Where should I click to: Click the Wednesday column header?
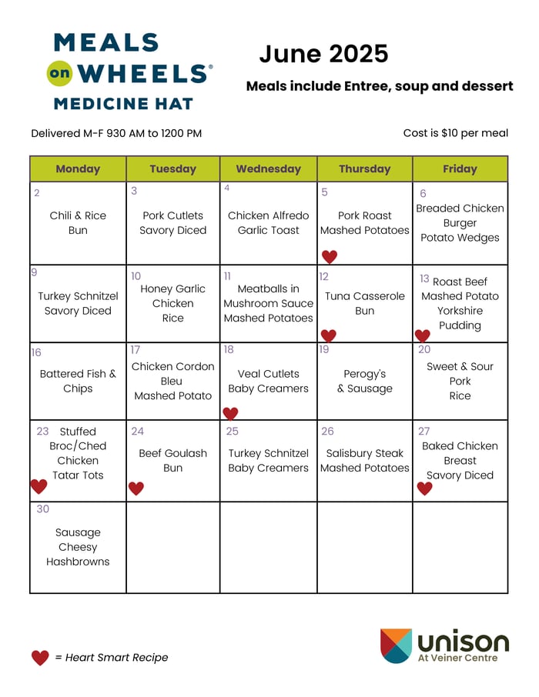coord(268,168)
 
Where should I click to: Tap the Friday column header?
coord(460,168)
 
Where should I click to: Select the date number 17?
coord(135,350)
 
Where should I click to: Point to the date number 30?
coord(43,509)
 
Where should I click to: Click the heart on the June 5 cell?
coord(330,257)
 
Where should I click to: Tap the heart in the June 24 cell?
coord(136,488)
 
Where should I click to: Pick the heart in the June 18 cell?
coord(230,413)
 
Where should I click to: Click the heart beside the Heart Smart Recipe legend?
coord(40,658)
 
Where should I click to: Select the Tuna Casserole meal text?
coord(365,296)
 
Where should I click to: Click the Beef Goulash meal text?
coord(172,453)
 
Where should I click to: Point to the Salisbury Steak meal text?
coord(365,453)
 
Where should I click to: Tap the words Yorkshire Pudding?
coord(460,318)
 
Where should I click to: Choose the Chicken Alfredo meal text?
coord(268,215)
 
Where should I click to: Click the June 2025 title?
coord(323,54)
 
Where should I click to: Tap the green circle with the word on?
coord(60,74)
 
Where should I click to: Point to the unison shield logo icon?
coord(396,645)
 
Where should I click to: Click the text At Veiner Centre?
coord(457,658)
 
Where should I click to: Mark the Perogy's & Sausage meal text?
coord(365,381)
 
